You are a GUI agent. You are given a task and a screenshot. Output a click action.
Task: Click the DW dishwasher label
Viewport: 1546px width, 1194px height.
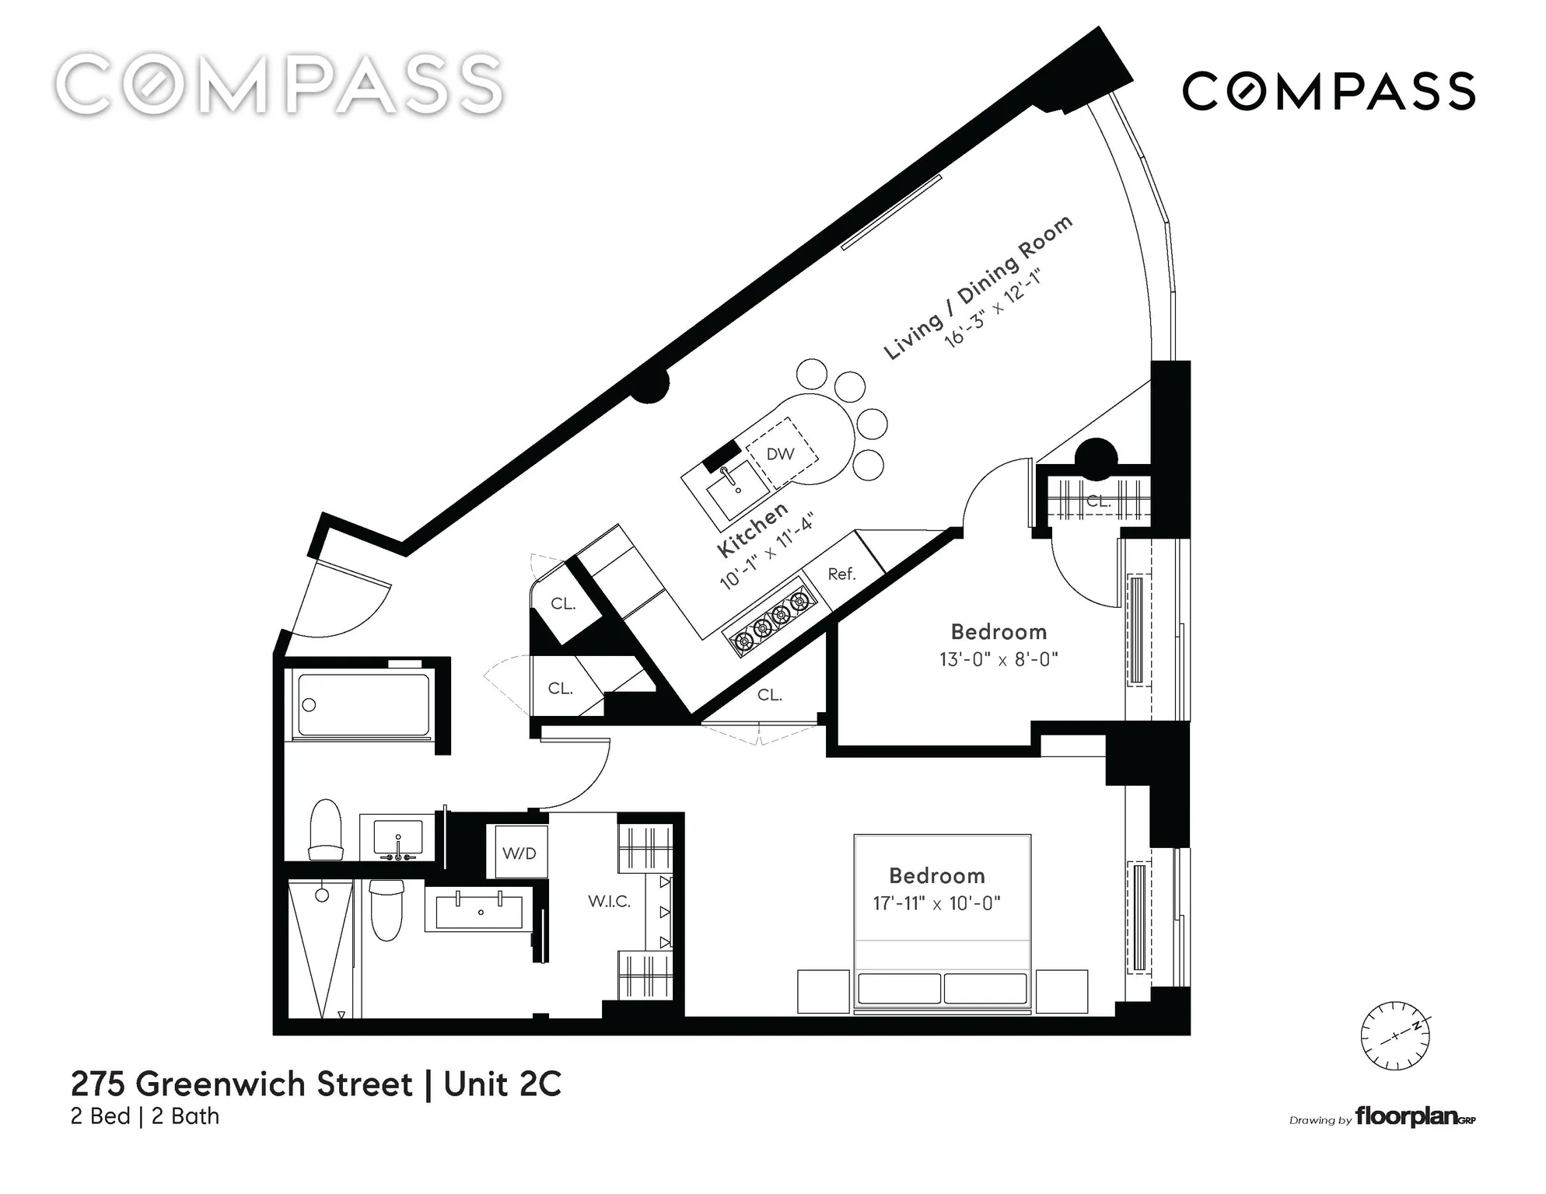pyautogui.click(x=780, y=454)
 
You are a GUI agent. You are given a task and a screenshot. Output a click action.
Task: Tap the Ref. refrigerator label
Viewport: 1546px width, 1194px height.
pyautogui.click(x=841, y=574)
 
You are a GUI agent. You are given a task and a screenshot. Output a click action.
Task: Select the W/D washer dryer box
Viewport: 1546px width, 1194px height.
pyautogui.click(x=519, y=853)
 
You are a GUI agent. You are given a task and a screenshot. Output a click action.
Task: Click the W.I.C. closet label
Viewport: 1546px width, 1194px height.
pyautogui.click(x=609, y=902)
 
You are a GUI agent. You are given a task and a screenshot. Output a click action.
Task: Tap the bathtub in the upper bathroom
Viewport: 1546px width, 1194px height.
pyautogui.click(x=363, y=705)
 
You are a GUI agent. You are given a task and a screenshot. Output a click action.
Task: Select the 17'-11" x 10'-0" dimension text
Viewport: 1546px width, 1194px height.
pyautogui.click(x=936, y=903)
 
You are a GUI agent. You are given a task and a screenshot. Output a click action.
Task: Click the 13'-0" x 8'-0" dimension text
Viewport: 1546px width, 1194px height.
pyautogui.click(x=999, y=659)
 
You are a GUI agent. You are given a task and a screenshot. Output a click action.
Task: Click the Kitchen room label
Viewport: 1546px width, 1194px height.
pyautogui.click(x=752, y=529)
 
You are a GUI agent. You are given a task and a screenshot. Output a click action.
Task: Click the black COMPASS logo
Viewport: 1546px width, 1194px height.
pyautogui.click(x=1328, y=91)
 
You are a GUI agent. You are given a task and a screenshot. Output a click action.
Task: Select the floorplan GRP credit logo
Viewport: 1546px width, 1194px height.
pyautogui.click(x=1414, y=1117)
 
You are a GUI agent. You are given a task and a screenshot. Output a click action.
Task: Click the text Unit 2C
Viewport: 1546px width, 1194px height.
pyautogui.click(x=502, y=1084)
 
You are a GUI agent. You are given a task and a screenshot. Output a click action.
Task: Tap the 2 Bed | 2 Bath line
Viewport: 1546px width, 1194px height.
pyautogui.click(x=145, y=1116)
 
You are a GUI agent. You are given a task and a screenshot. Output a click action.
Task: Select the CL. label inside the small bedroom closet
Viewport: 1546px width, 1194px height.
pyautogui.click(x=1097, y=501)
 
